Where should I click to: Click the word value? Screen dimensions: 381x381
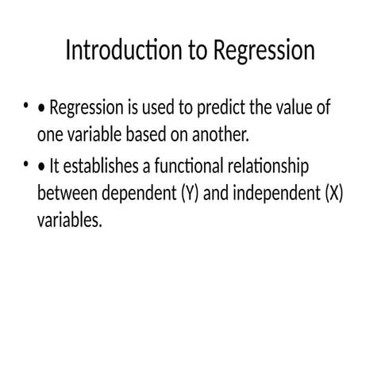pos(301,108)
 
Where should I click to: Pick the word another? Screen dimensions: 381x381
pos(221,134)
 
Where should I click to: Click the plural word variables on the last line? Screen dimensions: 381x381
pos(70,220)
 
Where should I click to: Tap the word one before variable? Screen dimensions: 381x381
pos(50,134)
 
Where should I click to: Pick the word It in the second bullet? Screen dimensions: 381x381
pos(55,167)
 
